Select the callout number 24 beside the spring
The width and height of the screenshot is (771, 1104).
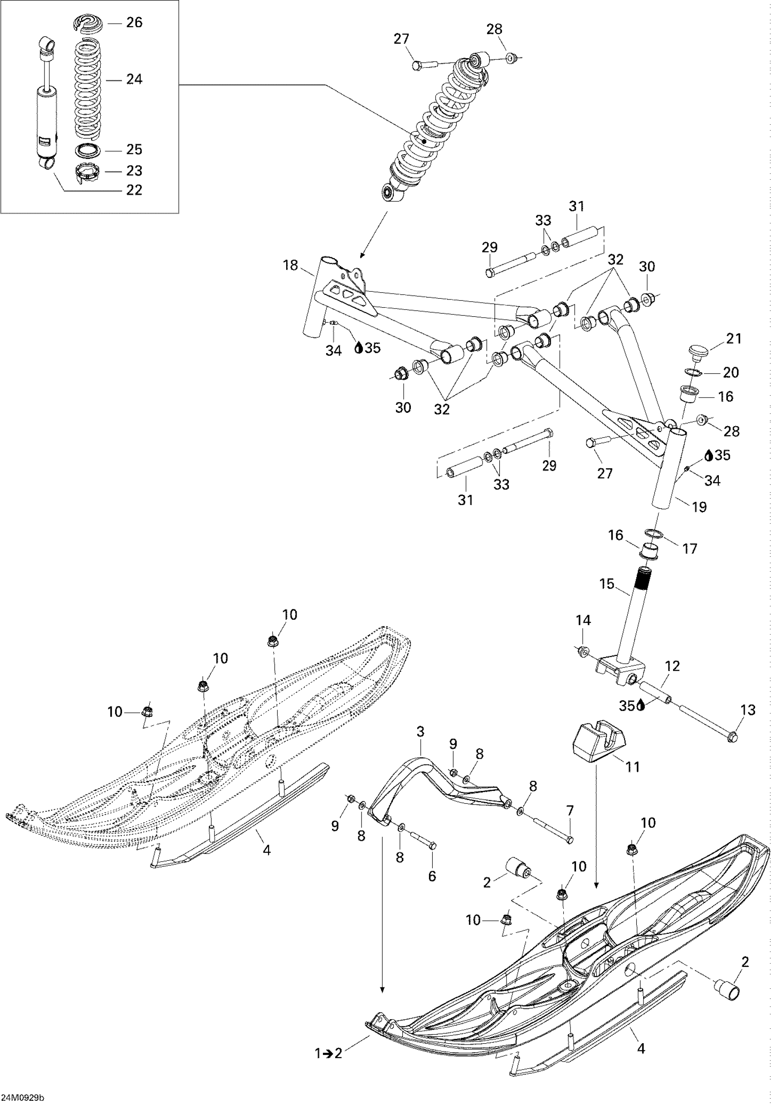[134, 79]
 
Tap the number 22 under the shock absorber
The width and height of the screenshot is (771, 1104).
[134, 190]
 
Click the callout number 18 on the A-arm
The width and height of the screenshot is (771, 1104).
[290, 265]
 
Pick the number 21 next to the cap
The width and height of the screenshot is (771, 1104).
[733, 339]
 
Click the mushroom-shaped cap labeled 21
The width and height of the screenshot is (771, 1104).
[697, 350]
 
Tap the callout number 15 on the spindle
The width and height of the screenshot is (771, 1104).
[607, 584]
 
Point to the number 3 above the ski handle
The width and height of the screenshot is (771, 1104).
[420, 732]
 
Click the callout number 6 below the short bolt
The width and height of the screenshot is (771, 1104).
[432, 877]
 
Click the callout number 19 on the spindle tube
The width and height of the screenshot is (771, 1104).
[699, 506]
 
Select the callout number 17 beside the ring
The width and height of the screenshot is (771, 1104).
[689, 549]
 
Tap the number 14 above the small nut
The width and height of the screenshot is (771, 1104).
[583, 620]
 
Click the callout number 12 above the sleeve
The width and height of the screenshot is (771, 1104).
[673, 666]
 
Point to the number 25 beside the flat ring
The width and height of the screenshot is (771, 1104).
[134, 150]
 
